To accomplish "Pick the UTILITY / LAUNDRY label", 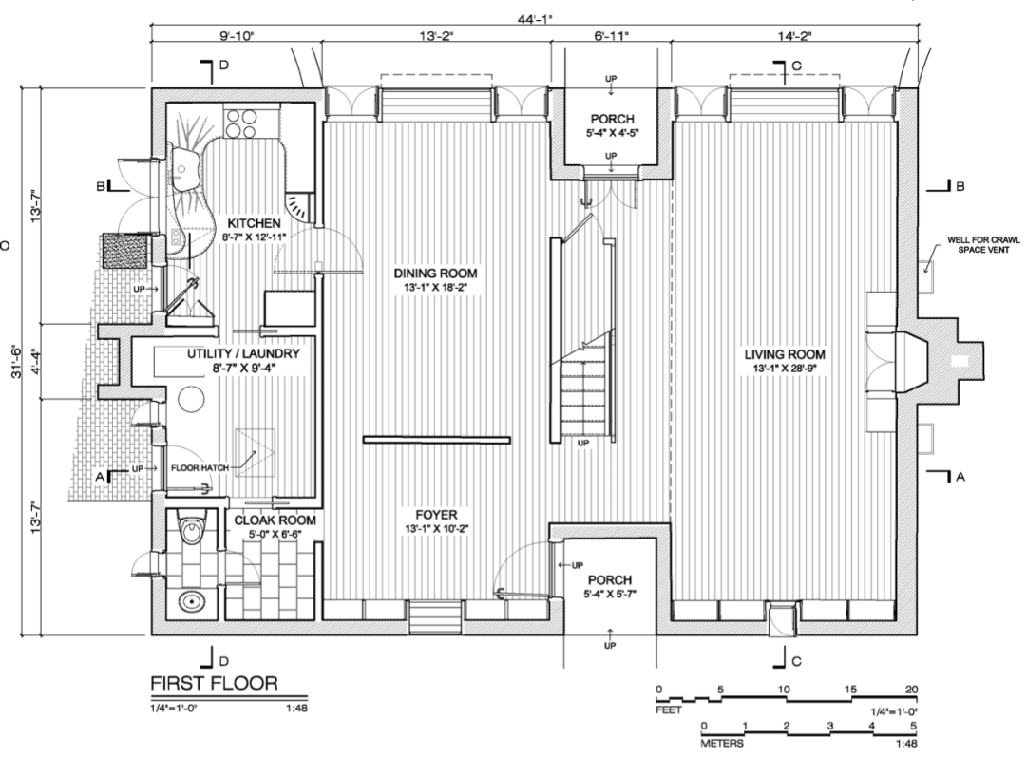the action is point(242,353).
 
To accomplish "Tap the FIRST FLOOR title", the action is point(214,683).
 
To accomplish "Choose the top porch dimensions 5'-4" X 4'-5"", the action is point(613,132).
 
